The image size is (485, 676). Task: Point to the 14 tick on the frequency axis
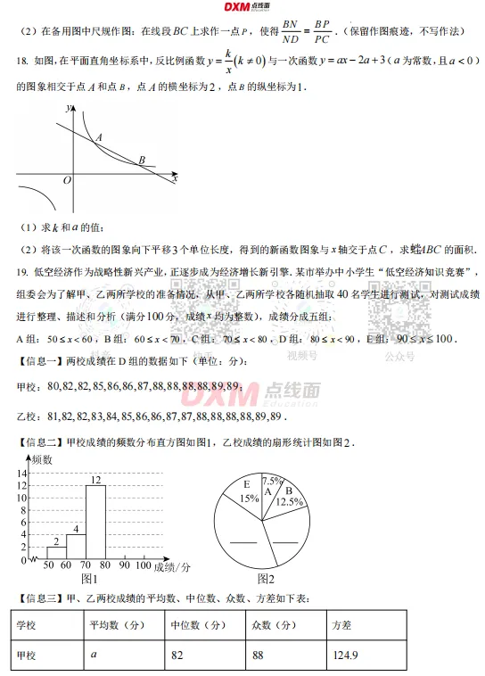[23, 473]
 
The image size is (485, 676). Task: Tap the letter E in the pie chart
[247, 485]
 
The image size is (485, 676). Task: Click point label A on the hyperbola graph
[98, 136]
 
